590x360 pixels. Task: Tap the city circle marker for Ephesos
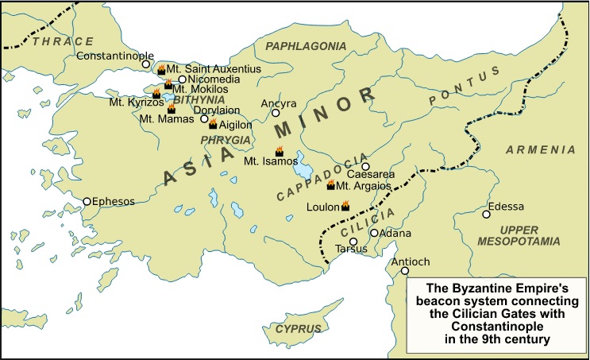87,202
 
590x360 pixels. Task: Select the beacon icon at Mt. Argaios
331,185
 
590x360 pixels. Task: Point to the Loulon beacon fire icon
345,206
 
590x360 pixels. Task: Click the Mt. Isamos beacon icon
279,151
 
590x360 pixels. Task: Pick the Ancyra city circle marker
276,113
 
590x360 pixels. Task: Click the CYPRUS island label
299,329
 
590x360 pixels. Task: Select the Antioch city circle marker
405,272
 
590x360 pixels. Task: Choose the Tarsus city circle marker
353,241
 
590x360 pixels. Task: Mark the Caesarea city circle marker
366,166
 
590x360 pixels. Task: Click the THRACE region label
64,41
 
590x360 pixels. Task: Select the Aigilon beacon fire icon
213,124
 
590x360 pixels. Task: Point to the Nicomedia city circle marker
182,79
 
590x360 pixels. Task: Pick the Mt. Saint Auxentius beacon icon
161,69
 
